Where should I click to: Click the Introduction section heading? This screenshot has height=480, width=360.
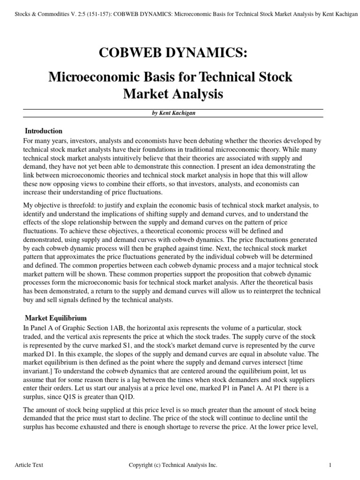click(x=43, y=131)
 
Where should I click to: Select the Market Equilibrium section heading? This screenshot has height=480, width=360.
click(x=55, y=318)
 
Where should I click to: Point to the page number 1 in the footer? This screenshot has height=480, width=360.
click(x=330, y=465)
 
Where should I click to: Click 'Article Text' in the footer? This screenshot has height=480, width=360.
click(x=29, y=465)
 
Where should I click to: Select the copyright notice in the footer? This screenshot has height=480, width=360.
click(x=172, y=465)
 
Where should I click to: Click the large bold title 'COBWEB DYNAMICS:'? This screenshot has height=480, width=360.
click(x=172, y=54)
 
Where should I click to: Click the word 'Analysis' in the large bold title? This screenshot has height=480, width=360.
click(x=196, y=94)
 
